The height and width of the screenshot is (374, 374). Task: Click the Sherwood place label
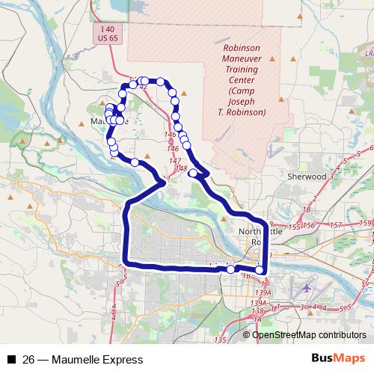[x=307, y=177]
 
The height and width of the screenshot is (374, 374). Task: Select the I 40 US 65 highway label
[x=109, y=32]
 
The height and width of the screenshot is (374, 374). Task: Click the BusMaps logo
[x=338, y=358]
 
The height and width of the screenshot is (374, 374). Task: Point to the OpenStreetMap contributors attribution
[x=309, y=335]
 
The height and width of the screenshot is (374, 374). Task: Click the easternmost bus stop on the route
[x=260, y=270]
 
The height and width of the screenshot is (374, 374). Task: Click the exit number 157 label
[x=337, y=224]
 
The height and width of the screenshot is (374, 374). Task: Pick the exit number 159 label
[x=364, y=223]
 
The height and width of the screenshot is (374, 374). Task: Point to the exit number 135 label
[x=220, y=340]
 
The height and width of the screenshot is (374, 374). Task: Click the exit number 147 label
[x=174, y=161]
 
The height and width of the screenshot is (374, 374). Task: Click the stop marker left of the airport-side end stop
[x=230, y=269]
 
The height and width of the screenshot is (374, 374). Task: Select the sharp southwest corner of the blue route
[x=126, y=263]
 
